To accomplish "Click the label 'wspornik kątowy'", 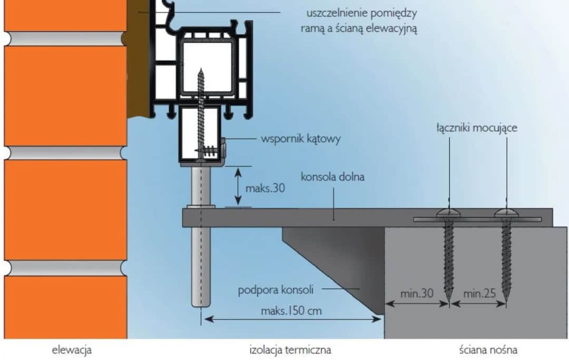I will (301, 140).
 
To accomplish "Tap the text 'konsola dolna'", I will (332, 177).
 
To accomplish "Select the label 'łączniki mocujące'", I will (477, 128).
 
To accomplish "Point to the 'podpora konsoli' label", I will (276, 289).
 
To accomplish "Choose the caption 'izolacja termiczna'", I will (290, 349).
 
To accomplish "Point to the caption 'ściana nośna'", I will (487, 349).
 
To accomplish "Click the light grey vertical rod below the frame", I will (201, 253).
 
